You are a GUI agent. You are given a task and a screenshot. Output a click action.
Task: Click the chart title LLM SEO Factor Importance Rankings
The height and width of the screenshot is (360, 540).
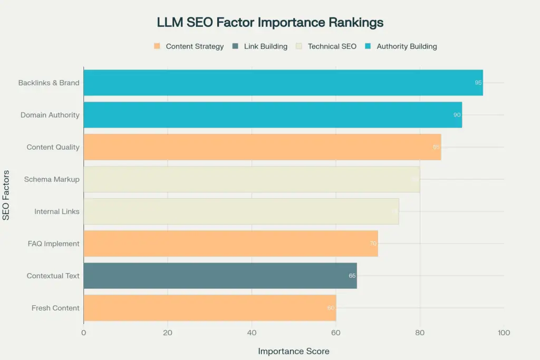270,23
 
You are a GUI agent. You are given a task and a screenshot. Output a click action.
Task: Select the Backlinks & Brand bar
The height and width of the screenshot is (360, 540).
283,83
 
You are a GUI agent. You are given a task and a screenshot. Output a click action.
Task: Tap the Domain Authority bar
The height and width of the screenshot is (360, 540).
272,115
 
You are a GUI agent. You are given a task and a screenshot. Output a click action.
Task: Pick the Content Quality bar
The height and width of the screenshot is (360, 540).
262,147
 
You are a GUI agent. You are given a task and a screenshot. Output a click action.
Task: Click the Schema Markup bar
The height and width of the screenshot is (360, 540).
251,179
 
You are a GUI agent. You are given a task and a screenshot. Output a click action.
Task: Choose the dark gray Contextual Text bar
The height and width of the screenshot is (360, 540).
220,276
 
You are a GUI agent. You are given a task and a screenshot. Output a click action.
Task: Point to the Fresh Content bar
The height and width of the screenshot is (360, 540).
209,308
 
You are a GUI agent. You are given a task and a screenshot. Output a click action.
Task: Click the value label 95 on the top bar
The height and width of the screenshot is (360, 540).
478,83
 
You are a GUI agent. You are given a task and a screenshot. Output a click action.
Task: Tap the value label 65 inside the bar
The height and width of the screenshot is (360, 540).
352,276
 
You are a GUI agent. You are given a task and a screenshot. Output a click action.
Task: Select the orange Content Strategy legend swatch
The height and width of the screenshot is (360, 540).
157,46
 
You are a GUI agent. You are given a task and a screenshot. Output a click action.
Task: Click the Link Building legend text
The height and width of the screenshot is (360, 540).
266,46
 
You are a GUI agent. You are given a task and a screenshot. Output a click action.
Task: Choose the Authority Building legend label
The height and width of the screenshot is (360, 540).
407,46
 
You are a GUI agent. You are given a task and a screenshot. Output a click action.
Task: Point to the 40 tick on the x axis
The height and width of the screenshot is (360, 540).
252,333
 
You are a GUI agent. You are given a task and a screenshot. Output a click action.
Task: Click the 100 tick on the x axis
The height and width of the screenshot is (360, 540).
504,333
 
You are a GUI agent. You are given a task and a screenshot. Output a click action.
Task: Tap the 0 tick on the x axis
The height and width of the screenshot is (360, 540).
83,333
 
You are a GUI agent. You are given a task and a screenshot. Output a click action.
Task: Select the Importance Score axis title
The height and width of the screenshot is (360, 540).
293,351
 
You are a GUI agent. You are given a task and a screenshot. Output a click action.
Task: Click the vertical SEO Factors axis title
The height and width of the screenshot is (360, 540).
6,195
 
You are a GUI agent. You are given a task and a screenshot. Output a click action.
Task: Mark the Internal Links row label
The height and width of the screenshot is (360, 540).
57,211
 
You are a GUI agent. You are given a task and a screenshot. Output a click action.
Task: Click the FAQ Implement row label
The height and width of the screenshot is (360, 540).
54,244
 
